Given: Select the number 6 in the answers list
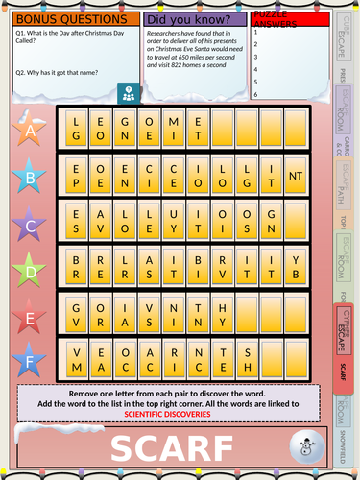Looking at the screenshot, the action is [x=255, y=94].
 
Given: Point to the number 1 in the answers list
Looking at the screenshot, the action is [x=255, y=32].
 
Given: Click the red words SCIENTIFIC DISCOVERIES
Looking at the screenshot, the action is [x=167, y=415].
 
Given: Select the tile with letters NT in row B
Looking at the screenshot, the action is [x=297, y=176].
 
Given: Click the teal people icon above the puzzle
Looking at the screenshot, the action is [x=128, y=93].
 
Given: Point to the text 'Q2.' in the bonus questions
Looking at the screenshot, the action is [x=20, y=72].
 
